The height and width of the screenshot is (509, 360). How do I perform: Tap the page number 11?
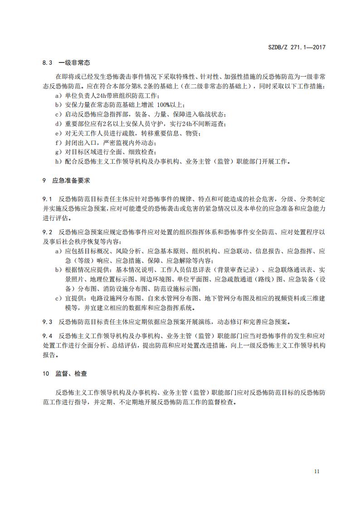(x=316, y=471)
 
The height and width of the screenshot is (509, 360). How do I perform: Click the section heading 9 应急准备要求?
(x=66, y=180)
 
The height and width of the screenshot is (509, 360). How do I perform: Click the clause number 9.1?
(x=47, y=199)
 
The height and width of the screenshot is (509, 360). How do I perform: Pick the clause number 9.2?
(x=47, y=232)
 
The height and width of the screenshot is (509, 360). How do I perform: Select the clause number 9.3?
(x=47, y=322)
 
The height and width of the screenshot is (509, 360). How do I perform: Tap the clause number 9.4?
(x=47, y=336)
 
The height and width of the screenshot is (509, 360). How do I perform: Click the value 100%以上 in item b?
(x=165, y=104)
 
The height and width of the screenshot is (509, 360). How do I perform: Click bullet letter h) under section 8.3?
(x=58, y=161)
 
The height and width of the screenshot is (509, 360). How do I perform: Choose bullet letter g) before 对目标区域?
(x=58, y=151)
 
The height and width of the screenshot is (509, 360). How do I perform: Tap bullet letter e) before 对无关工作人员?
(x=58, y=133)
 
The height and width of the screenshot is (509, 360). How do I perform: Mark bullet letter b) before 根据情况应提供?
(x=58, y=270)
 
